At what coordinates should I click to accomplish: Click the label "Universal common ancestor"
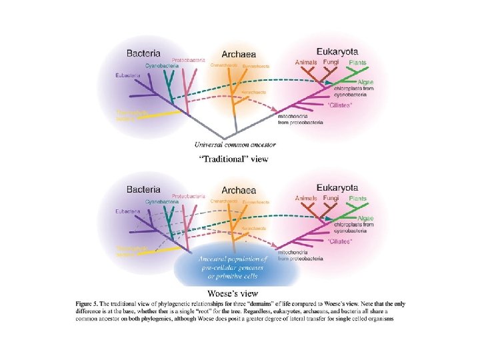coord(235,144)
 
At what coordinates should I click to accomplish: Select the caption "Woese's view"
coord(233,292)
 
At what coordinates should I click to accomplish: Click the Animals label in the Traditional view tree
coord(307,63)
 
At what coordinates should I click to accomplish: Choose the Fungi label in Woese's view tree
coord(331,198)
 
